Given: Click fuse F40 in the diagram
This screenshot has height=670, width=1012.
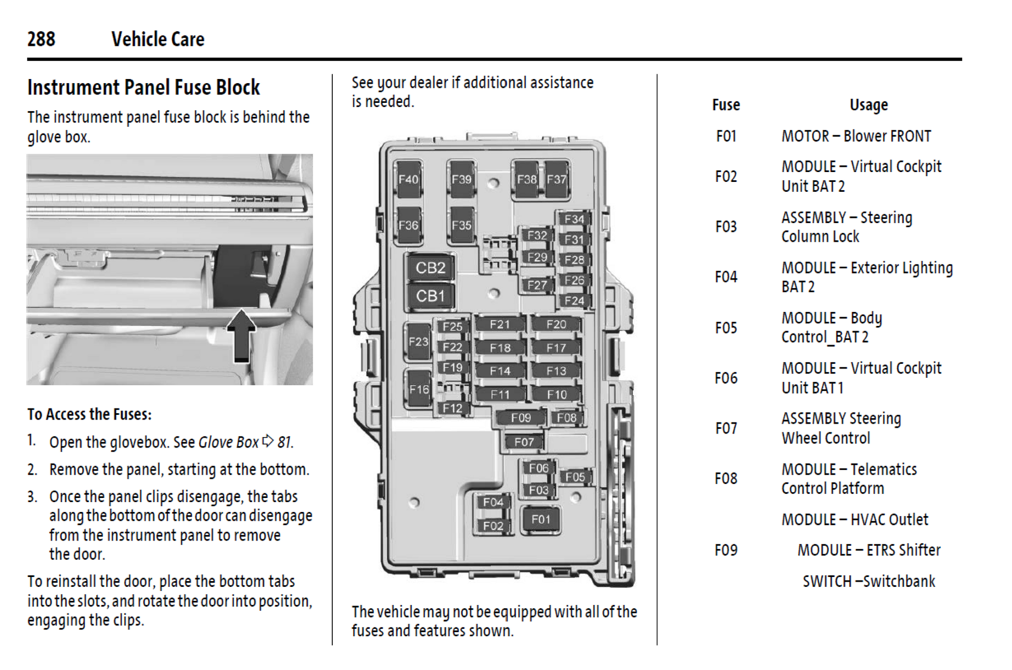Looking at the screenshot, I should [408, 179].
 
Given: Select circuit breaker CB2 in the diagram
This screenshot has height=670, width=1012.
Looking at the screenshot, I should [430, 268].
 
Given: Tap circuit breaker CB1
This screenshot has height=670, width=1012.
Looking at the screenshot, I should [430, 296].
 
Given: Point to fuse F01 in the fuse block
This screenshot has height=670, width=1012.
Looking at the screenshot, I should [540, 519].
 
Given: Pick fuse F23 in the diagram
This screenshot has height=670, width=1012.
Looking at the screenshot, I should [418, 341].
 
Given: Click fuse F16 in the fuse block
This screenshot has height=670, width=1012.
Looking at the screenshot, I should [419, 389].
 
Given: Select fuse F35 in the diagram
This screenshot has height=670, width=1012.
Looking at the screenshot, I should [461, 225].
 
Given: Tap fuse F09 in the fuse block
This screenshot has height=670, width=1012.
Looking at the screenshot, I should [521, 417].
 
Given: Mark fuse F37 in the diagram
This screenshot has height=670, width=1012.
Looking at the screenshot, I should [556, 179].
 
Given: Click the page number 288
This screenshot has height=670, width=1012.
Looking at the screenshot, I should [41, 39].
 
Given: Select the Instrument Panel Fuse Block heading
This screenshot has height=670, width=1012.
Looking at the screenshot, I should [144, 87].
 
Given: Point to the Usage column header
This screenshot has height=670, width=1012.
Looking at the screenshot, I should [868, 105].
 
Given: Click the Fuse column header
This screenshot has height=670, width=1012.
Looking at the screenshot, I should [725, 105].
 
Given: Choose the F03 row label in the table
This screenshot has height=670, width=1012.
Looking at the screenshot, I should [725, 227].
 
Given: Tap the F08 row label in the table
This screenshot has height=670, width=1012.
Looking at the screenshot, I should [725, 478].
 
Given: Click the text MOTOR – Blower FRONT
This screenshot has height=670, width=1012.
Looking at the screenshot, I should [856, 136].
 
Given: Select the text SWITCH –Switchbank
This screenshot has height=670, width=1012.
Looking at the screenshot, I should [868, 581].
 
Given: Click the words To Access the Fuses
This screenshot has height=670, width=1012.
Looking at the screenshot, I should [89, 414].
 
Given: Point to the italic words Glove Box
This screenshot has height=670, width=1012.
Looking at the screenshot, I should [228, 442].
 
